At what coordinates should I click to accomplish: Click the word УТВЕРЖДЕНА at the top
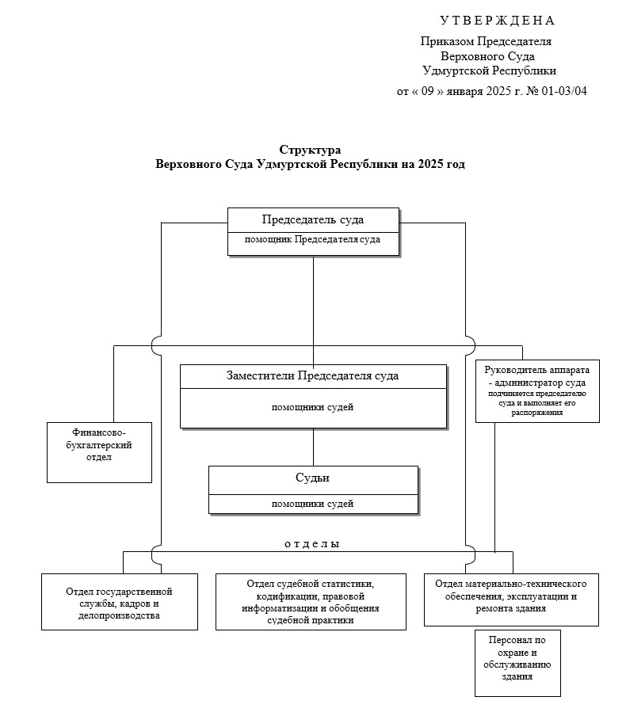(x=497, y=21)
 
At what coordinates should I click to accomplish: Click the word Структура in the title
(x=311, y=149)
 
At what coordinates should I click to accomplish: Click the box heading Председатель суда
(x=313, y=219)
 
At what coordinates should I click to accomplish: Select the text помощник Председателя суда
(x=313, y=238)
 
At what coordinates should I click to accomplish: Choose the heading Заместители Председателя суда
(x=313, y=375)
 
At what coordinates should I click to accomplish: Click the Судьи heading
(x=312, y=478)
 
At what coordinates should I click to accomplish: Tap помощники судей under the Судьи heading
(x=312, y=504)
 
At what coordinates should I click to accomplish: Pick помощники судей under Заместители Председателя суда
(x=312, y=408)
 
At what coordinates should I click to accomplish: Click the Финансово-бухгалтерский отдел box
(x=99, y=451)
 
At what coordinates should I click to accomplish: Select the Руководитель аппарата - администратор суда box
(x=537, y=390)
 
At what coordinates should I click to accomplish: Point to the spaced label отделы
(x=312, y=544)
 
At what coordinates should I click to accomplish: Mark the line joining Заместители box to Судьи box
(x=313, y=447)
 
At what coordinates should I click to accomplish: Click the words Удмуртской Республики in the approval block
(x=490, y=70)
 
